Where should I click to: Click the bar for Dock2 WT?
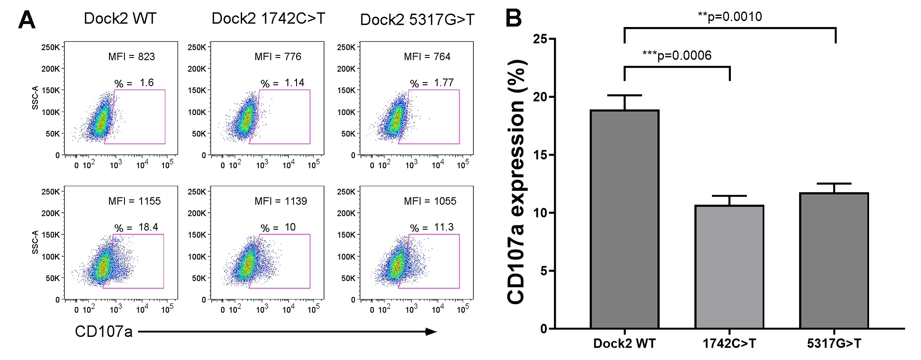tap(624, 219)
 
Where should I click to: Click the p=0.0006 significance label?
tap(677, 55)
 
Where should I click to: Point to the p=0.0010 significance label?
tap(730, 17)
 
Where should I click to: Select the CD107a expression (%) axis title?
tap(517, 182)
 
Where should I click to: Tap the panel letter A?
tap(27, 20)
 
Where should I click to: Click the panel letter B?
tap(514, 18)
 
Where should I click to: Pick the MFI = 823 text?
tap(131, 57)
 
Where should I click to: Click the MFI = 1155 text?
tap(134, 201)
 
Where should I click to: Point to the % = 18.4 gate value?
tap(136, 227)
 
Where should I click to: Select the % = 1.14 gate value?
tap(282, 83)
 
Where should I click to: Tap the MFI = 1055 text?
tap(430, 201)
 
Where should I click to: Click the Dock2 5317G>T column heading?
tap(417, 20)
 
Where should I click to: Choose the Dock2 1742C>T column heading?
tap(268, 18)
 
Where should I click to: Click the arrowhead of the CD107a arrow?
tap(431, 332)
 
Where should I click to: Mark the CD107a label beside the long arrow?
tap(103, 332)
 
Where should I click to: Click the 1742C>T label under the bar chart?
tap(729, 344)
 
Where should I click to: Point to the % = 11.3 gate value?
tap(432, 227)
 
